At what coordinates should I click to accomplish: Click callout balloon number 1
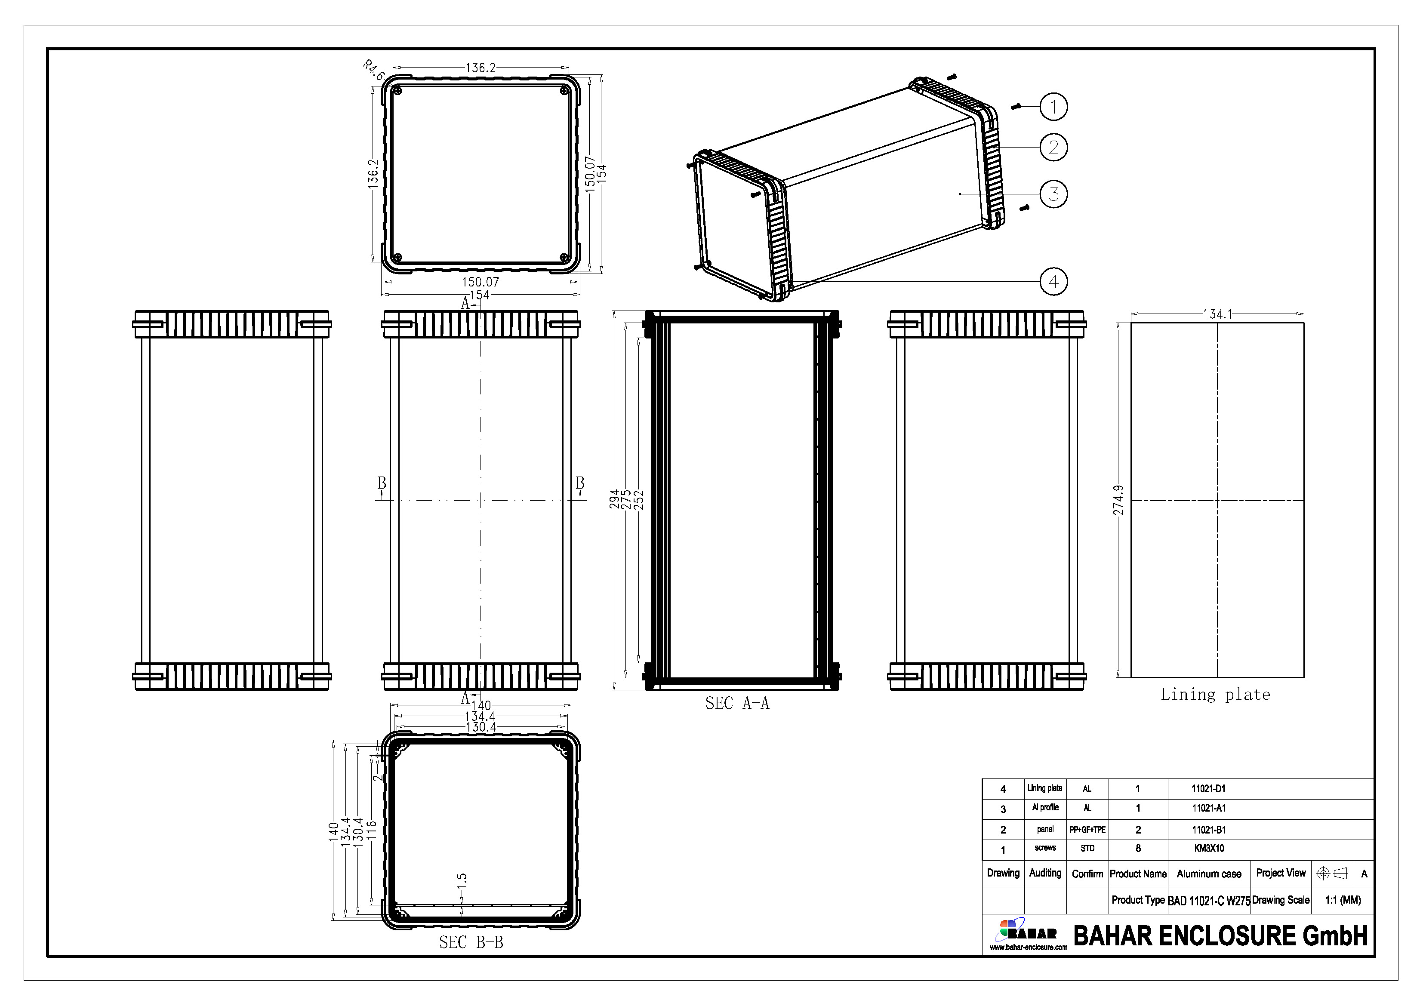[1053, 107]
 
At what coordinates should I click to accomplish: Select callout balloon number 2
[1053, 148]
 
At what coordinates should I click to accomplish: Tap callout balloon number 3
[1053, 194]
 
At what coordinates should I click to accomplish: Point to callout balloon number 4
[1053, 281]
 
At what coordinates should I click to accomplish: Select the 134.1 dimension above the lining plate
[1217, 314]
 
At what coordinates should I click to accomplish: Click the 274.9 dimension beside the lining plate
[1118, 500]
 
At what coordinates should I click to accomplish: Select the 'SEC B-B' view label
[471, 942]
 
